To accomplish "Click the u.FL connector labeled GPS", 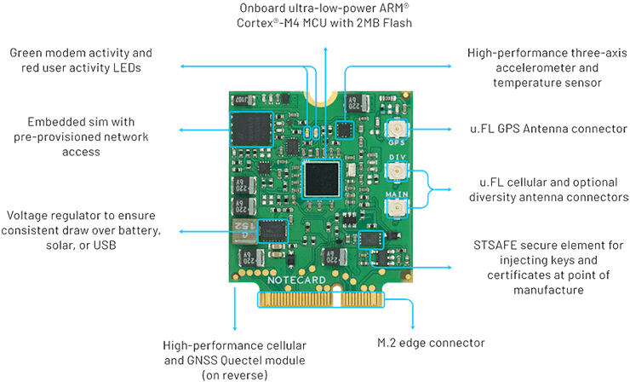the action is (397, 130).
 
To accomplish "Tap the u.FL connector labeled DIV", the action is (397, 171).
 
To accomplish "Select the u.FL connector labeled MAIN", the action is (397, 208).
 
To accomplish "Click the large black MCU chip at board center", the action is (322, 179).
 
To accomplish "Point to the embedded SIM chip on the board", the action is (251, 130).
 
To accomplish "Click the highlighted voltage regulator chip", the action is (272, 231).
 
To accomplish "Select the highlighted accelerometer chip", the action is (345, 130).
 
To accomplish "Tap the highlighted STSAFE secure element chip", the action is (370, 240).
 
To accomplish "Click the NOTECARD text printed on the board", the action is (296, 281).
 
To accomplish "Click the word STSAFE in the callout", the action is (494, 245).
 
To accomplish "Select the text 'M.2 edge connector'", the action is (431, 343).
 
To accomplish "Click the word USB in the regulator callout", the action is (105, 245).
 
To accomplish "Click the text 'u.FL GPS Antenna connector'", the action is (548, 129).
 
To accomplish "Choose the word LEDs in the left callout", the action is (127, 67).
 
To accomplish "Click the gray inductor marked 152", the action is (243, 231).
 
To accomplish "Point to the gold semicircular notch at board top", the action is (324, 98).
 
